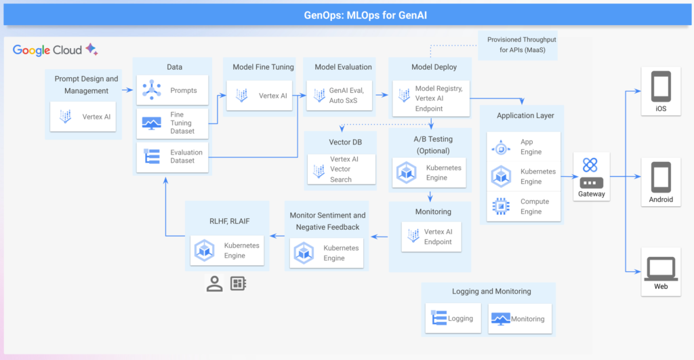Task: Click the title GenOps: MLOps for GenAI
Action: coord(346,14)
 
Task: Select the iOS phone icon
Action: coord(661,87)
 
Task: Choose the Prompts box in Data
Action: coord(172,90)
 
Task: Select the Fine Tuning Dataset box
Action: coord(172,123)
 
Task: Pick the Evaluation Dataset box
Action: coord(172,157)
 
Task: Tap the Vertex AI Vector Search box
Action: coord(342,169)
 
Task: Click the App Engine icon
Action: coord(501,148)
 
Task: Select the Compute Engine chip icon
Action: coord(501,206)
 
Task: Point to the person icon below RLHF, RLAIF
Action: coord(215,283)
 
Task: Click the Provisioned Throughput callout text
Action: coord(521,45)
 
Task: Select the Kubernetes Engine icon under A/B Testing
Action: coord(406,173)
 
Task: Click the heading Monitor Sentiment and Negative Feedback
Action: coord(328,221)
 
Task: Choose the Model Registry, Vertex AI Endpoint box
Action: coord(430,98)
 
